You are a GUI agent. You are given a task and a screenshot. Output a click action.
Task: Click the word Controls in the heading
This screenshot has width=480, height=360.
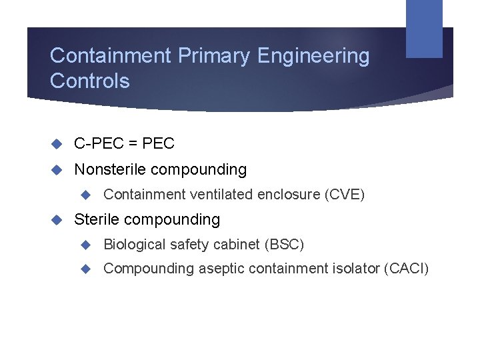(x=89, y=81)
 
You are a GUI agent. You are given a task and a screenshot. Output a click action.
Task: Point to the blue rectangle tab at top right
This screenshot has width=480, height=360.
(x=424, y=28)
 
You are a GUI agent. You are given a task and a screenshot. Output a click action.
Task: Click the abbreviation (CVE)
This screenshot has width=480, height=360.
(x=345, y=195)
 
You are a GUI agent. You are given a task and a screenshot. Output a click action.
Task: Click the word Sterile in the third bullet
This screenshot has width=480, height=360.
(x=97, y=219)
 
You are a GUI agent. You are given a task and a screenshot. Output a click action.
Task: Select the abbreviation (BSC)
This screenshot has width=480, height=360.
(x=285, y=245)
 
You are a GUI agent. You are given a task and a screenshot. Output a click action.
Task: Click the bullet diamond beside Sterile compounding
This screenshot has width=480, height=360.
(x=57, y=219)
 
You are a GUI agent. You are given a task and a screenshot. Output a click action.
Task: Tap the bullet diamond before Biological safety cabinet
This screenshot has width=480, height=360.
(x=85, y=245)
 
